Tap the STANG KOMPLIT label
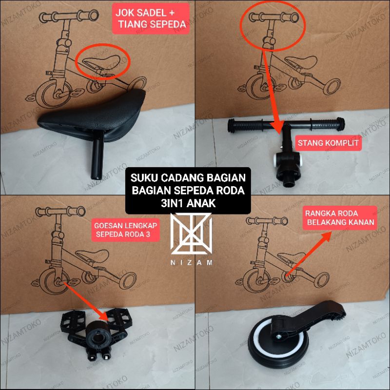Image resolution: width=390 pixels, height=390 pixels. tap(328, 144)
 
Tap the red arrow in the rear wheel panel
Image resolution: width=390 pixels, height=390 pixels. tap(310, 253)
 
